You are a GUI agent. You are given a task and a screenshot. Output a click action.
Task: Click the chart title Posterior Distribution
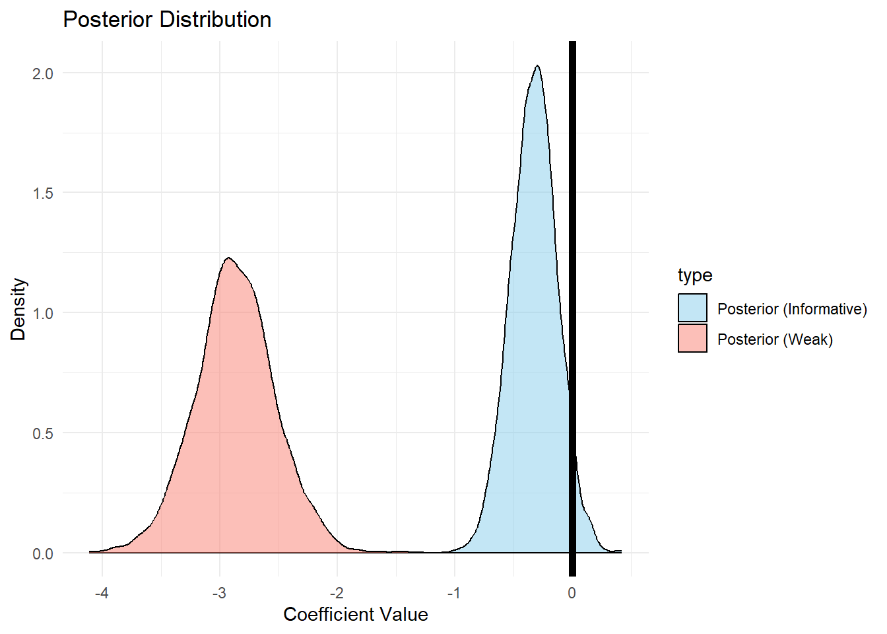click(167, 20)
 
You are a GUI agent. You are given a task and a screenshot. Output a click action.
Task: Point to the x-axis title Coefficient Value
click(356, 615)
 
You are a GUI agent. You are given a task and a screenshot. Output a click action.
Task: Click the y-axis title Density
click(18, 309)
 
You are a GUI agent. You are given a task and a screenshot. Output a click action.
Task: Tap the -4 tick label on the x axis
click(102, 593)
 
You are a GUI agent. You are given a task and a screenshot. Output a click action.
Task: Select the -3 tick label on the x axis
click(219, 593)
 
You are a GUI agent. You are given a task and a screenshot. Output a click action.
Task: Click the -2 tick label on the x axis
click(337, 593)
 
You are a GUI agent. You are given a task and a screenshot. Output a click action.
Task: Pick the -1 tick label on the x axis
click(454, 593)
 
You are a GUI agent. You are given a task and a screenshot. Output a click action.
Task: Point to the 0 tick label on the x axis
click(572, 593)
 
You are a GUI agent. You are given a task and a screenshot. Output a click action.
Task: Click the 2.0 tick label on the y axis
click(43, 73)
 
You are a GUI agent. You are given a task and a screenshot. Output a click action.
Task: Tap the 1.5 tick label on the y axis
click(43, 193)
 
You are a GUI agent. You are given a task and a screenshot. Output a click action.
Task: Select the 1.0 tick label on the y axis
click(43, 313)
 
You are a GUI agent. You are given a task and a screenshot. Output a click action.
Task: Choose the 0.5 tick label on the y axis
click(43, 433)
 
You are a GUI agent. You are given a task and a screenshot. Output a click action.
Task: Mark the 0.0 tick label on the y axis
click(43, 553)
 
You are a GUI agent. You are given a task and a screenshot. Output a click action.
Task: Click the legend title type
click(695, 275)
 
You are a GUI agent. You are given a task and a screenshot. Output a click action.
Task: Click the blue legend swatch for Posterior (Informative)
click(692, 308)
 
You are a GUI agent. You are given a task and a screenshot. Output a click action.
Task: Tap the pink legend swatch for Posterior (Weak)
click(692, 338)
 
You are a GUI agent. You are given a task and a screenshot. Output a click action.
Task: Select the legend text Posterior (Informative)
click(792, 309)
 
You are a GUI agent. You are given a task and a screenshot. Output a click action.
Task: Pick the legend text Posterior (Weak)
click(775, 339)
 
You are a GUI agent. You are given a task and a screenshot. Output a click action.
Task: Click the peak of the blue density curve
click(538, 66)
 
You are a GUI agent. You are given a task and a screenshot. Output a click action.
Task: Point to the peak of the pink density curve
click(228, 258)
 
